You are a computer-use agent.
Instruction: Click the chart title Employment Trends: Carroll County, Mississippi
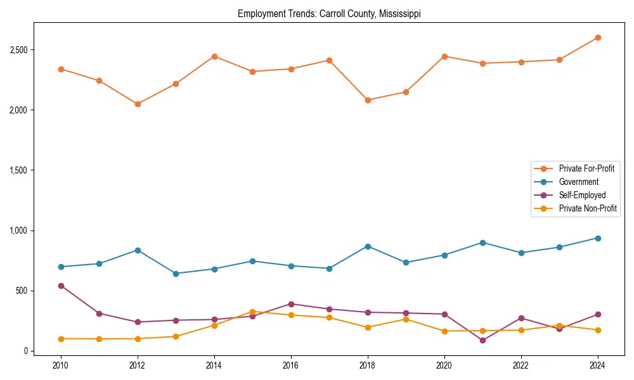[x=329, y=13]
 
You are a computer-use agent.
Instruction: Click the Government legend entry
[x=578, y=182]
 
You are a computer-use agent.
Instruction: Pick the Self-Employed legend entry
[x=582, y=195]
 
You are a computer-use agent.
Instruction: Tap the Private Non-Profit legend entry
[x=588, y=208]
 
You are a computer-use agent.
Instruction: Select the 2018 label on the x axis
[x=368, y=365]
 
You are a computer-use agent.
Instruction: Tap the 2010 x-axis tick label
[x=61, y=365]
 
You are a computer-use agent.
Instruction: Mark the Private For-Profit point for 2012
[x=138, y=104]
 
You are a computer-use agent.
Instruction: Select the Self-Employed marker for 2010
[x=61, y=286]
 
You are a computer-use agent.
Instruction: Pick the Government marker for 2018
[x=368, y=246]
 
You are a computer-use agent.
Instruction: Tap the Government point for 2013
[x=176, y=274]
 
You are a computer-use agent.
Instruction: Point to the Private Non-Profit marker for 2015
[x=252, y=312]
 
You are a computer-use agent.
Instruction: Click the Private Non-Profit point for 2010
[x=61, y=339]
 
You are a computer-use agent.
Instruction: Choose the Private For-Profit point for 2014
[x=214, y=56]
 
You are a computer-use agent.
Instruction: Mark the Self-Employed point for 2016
[x=291, y=304]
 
